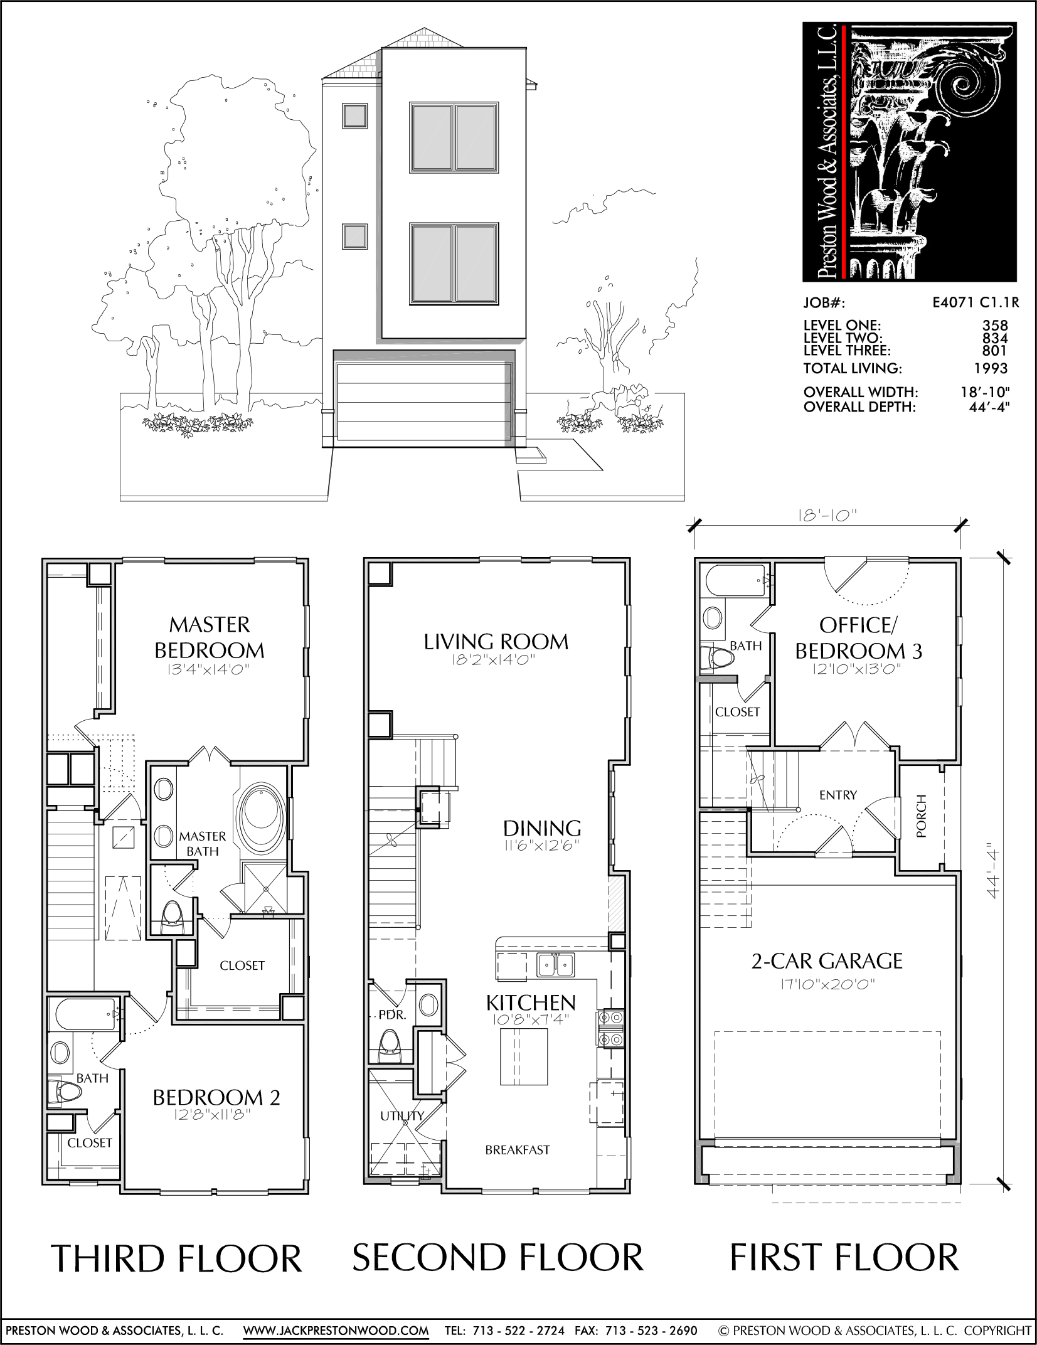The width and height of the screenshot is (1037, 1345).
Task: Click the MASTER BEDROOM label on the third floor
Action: [x=210, y=637]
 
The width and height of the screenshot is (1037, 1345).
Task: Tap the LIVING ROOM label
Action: [x=496, y=642]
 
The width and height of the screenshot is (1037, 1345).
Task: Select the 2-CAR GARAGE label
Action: [x=827, y=978]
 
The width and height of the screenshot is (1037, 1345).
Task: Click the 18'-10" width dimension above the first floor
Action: [x=828, y=516]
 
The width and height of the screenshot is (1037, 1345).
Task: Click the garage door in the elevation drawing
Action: [x=420, y=405]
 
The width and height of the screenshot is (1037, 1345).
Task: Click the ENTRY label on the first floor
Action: [x=838, y=795]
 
